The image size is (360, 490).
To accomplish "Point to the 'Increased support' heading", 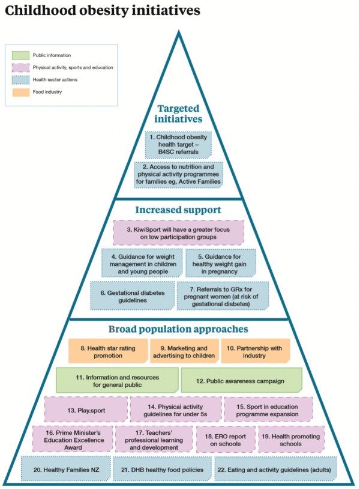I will point(178,210).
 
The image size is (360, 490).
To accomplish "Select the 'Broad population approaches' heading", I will point(178,329).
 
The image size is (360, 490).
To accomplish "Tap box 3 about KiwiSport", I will point(178,232).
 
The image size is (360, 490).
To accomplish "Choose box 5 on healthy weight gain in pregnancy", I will point(220,262).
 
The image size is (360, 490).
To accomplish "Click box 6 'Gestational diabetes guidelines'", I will point(131,295).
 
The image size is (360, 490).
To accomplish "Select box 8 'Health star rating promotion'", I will point(108,351).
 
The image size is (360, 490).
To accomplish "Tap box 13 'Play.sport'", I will point(86,409).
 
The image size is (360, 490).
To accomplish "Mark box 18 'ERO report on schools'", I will point(224,440).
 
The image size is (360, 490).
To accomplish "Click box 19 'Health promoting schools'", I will point(290,440).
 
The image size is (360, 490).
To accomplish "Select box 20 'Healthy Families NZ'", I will point(66,468).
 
